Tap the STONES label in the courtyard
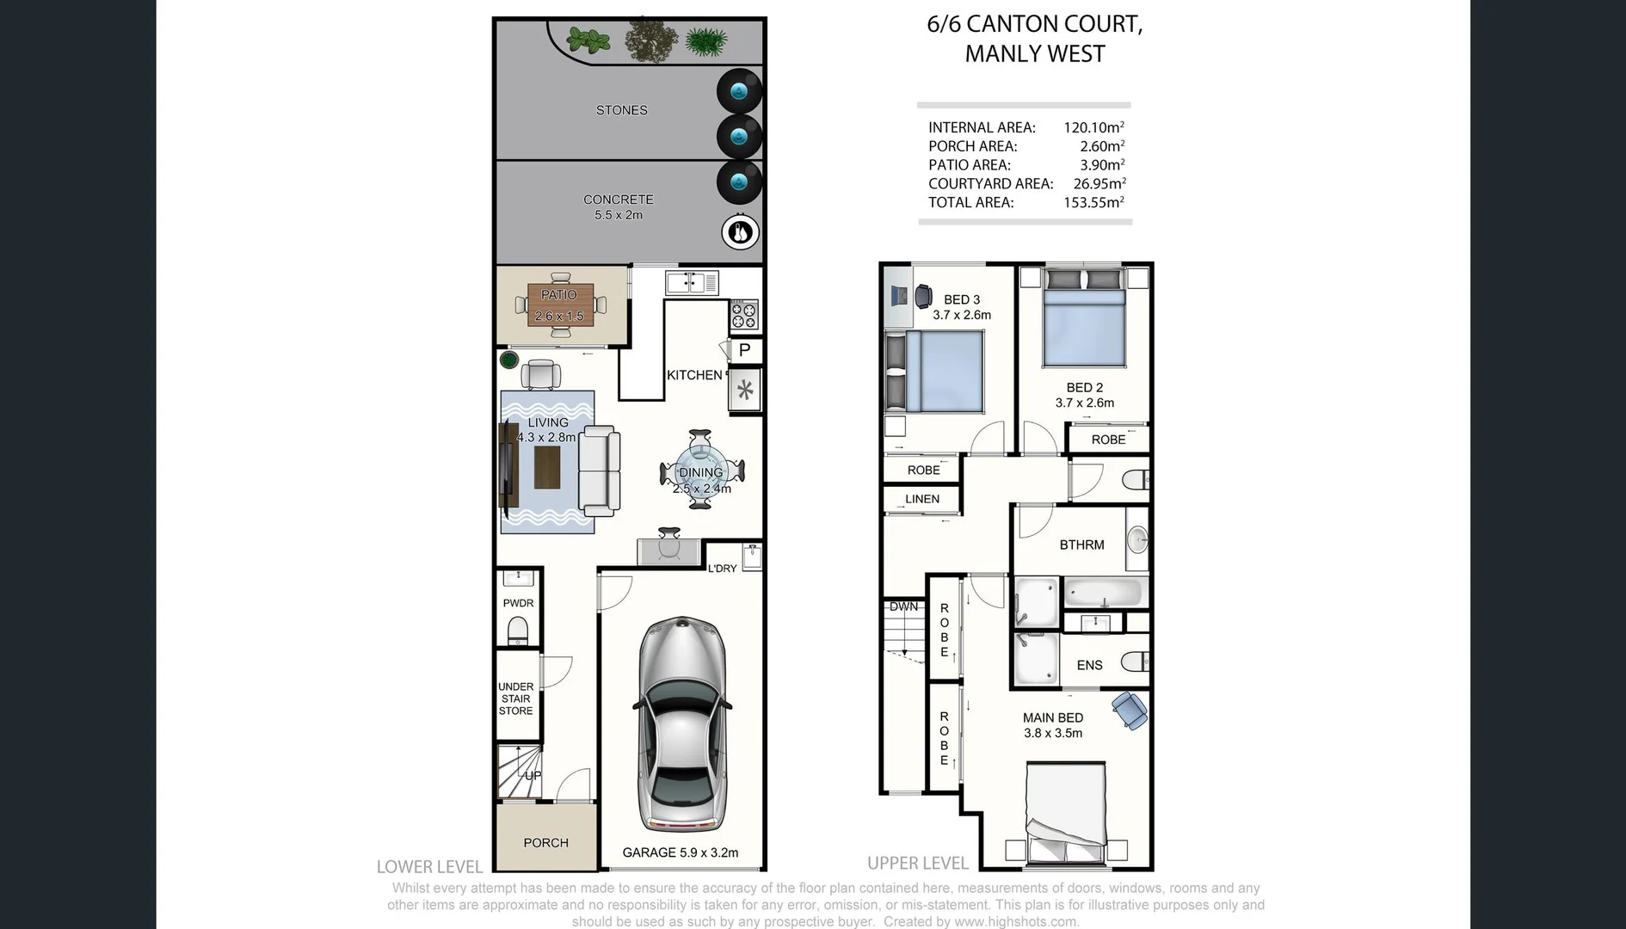coord(621,110)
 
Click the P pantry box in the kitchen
coord(745,350)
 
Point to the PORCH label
coord(545,843)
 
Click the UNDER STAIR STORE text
coord(516,698)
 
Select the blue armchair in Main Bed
coord(1129,711)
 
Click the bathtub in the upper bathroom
coord(1104,593)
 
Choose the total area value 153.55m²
coord(1093,203)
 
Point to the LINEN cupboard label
coord(922,499)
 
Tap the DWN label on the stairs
coord(903,606)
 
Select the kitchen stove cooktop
coord(744,315)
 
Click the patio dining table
coord(560,305)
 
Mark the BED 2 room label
coord(1084,388)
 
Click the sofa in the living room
coord(600,471)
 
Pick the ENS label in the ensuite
coord(1089,665)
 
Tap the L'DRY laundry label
coord(722,569)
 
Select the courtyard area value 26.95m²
coord(1099,184)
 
